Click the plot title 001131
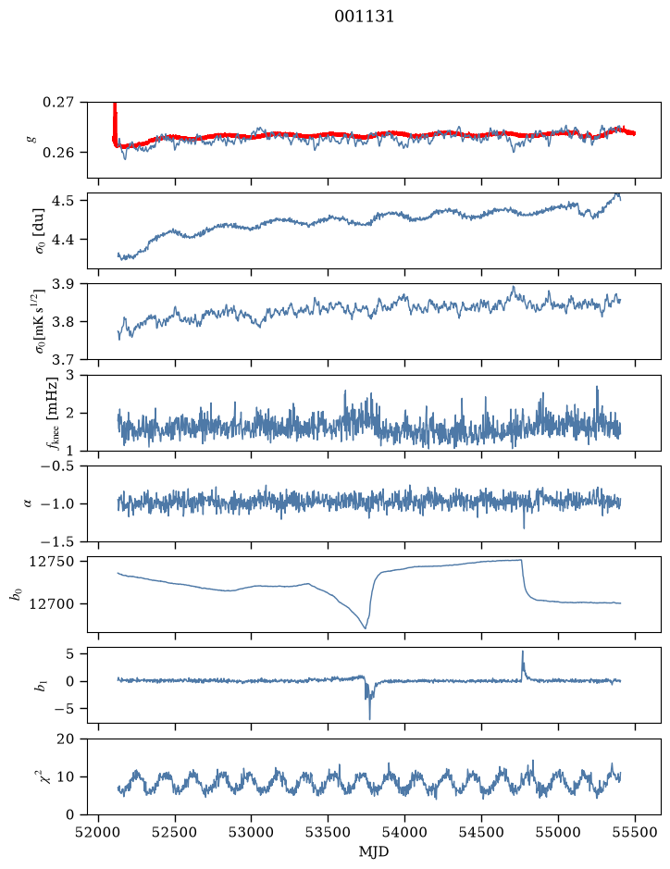coord(364,17)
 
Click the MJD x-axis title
coord(374,851)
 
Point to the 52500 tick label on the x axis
coord(175,832)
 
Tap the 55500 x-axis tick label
coord(635,832)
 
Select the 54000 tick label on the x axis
coord(404,832)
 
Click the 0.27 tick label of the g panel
coord(58,103)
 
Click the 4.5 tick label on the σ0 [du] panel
coord(63,201)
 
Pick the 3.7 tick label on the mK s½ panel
coord(63,360)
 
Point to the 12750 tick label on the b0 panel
coord(51,562)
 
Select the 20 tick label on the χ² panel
coord(66,739)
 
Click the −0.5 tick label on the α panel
coord(57,466)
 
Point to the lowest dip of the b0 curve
coord(366,627)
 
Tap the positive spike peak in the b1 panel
coord(522,652)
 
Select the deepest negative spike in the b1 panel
coord(369,718)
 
